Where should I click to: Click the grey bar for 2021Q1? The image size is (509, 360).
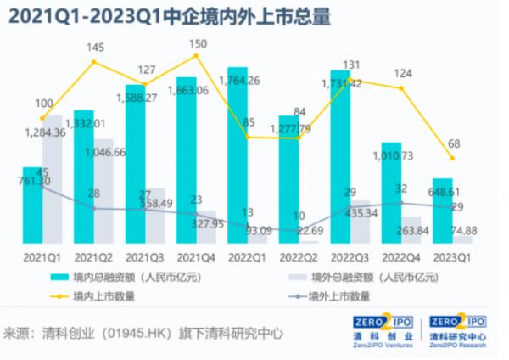coord(52,179)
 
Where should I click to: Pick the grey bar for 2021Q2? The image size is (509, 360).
coord(103,191)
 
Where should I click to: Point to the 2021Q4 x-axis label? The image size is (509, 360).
coord(196,255)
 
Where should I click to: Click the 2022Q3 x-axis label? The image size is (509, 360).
coord(350,255)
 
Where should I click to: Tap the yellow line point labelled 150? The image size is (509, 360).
coord(197,55)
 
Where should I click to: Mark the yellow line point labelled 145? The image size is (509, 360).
coord(94,61)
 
